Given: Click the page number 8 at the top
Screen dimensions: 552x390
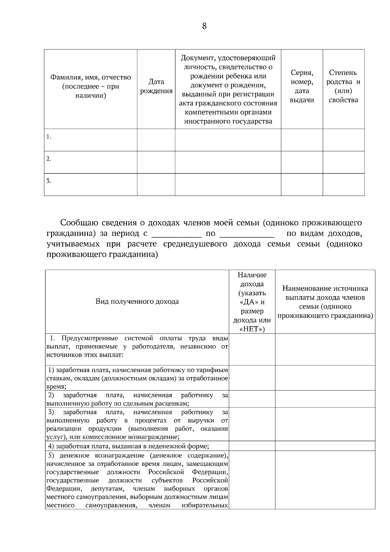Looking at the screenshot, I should tap(204, 26).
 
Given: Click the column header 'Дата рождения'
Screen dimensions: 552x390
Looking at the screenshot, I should tap(156, 86).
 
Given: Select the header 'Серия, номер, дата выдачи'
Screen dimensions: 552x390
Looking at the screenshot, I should tap(302, 86).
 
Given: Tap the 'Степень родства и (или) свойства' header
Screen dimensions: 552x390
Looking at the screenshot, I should tap(343, 86).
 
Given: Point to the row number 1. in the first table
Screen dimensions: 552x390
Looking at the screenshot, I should tap(49, 137).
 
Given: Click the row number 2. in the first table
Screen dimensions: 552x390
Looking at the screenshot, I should tap(49, 159).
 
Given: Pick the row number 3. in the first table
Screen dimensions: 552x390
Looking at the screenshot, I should tap(49, 181).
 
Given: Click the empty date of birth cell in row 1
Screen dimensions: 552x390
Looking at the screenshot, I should tap(156, 140).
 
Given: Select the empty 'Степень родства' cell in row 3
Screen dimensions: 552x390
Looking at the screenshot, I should tap(343, 185).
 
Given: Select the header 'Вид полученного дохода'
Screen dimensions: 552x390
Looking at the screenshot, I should tap(137, 301).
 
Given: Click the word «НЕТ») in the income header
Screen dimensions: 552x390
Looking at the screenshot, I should tap(252, 329).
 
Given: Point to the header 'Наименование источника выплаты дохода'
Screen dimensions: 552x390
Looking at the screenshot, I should tap(325, 302).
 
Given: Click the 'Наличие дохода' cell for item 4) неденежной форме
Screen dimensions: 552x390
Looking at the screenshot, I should tap(252, 446).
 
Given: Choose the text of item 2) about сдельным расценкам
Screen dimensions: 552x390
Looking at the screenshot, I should tap(137, 400).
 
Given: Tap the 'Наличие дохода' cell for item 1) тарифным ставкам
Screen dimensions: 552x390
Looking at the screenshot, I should tap(252, 378).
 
